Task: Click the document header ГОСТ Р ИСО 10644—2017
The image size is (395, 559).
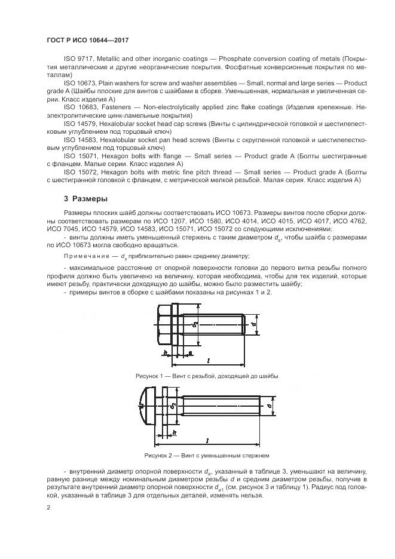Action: (87, 40)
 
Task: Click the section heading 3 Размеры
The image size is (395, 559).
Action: (85, 199)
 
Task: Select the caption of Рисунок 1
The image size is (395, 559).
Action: (207, 376)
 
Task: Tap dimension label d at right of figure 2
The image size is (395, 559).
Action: (270, 406)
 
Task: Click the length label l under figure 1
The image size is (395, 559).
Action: (206, 361)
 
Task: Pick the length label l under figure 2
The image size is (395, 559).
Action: (206, 441)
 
